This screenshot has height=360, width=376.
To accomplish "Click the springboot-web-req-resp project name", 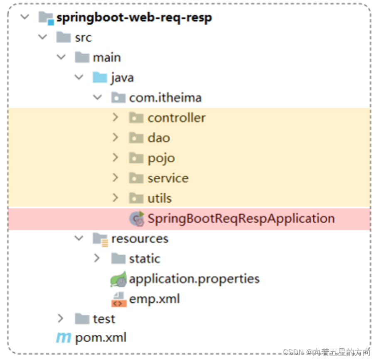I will [134, 18].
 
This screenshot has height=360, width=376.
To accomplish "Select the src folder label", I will [83, 38].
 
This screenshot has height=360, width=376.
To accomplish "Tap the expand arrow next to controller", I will [115, 118].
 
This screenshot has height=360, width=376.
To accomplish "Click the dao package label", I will [159, 138].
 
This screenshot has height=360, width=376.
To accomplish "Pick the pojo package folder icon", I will [136, 158].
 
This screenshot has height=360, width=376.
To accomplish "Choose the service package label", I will [168, 178].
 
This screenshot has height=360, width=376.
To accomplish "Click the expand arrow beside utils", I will [115, 198].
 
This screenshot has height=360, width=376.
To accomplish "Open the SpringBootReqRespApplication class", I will [241, 218].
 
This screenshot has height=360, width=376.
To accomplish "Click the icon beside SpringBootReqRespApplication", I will [137, 218].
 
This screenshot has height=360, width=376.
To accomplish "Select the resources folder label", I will [140, 239].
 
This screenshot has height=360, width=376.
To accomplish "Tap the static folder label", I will [145, 259].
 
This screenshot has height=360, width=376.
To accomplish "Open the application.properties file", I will [194, 279].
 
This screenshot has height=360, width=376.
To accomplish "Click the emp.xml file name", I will [154, 299].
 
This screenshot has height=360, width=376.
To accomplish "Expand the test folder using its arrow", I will [61, 318].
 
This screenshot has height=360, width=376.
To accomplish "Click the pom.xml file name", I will [101, 338].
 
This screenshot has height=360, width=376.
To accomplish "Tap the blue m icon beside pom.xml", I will [63, 338].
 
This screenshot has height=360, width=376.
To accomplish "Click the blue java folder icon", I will [100, 78].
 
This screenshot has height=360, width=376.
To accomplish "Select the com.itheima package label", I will [165, 98].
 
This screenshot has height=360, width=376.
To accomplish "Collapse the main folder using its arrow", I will [61, 57].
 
